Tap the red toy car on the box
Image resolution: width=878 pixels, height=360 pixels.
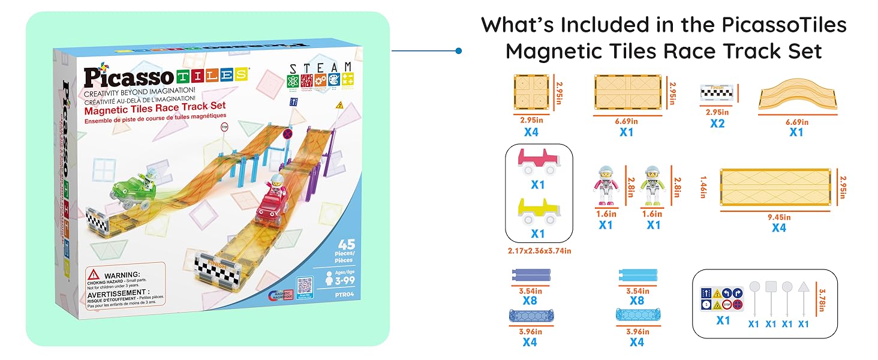(271, 206)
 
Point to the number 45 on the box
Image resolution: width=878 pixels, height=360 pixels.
(346, 244)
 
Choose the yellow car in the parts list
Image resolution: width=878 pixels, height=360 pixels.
(538, 211)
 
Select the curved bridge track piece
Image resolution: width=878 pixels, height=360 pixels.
(795, 97)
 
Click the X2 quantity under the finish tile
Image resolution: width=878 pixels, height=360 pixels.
(717, 123)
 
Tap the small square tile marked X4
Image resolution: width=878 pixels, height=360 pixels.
(531, 91)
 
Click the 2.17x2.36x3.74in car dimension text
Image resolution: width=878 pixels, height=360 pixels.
(538, 251)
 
